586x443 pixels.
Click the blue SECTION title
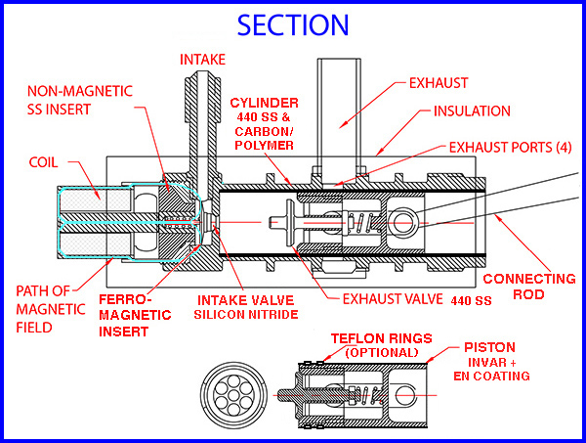point(293,23)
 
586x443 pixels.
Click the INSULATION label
point(471,111)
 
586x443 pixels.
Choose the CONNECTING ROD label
point(530,288)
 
